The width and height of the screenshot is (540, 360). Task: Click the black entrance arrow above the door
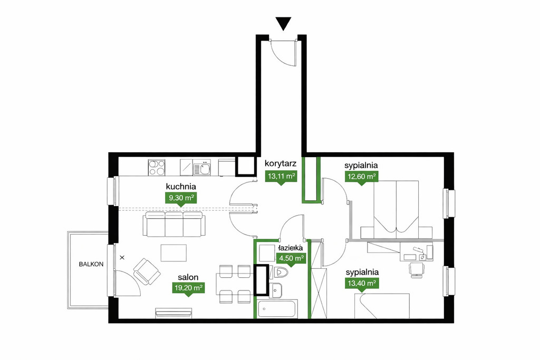[x=283, y=24]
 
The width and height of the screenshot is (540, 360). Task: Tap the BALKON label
[x=91, y=264]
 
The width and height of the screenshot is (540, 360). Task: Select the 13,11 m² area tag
[x=282, y=177]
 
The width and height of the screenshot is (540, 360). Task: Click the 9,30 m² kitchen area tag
[x=180, y=199]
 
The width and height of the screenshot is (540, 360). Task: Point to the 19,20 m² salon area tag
[x=188, y=288]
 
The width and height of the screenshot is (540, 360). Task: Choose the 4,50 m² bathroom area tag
[x=291, y=259]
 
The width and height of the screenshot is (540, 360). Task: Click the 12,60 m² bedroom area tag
[x=361, y=177]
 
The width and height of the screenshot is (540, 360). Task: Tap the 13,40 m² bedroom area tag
[x=361, y=284]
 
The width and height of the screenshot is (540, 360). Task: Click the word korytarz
[x=281, y=163]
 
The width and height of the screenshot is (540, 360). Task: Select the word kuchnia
[x=181, y=187]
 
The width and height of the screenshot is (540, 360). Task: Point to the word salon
[x=188, y=277]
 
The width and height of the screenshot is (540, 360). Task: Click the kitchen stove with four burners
[x=157, y=167]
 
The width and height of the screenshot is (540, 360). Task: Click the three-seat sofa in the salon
[x=172, y=224]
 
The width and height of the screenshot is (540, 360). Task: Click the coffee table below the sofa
[x=174, y=253]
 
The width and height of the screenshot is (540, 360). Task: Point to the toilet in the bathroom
[x=281, y=272]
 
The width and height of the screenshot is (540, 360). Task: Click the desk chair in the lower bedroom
[x=417, y=269]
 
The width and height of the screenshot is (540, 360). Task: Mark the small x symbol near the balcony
[x=122, y=257]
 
